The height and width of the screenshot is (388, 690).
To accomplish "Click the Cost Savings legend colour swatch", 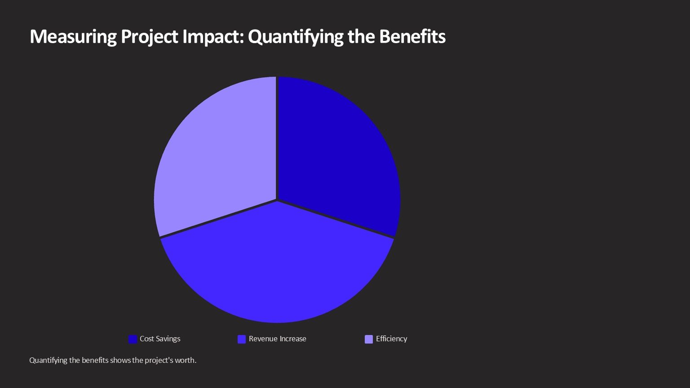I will (x=133, y=339).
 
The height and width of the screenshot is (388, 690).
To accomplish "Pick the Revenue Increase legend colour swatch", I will (x=242, y=339).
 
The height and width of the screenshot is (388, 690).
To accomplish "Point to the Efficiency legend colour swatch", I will (x=369, y=339).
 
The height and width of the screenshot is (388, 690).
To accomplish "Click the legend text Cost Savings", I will (x=160, y=339).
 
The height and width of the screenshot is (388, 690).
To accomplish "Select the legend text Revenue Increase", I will (x=277, y=339).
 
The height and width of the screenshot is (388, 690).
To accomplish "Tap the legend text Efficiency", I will (x=391, y=339).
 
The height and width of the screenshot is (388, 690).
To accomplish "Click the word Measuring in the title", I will (x=73, y=37).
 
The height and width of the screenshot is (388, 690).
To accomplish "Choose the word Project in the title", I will (x=150, y=37).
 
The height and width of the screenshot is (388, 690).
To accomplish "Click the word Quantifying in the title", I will (x=295, y=37).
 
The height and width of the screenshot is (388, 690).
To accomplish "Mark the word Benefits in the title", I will (x=412, y=37).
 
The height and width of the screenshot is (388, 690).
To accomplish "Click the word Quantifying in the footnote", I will (x=48, y=360).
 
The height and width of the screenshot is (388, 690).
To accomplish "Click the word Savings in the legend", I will (x=168, y=339).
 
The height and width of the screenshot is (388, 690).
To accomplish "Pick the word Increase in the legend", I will (x=292, y=339).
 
